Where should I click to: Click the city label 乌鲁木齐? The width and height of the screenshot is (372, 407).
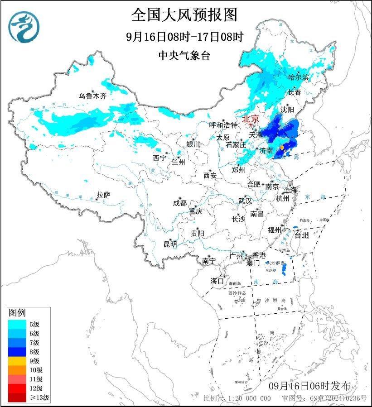coord(92,96)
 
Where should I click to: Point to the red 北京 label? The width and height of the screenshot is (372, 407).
coord(251,119)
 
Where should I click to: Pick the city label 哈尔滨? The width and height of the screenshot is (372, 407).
coord(298,77)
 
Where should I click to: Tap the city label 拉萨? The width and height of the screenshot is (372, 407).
coord(103,195)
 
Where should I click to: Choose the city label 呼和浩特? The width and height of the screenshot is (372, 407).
coord(223,125)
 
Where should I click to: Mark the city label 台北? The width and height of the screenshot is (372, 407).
coord(301,235)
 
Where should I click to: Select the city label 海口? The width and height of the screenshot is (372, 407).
coord(217,281)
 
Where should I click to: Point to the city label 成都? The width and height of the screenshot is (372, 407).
coord(179,203)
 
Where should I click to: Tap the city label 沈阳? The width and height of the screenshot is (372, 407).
coord(287,109)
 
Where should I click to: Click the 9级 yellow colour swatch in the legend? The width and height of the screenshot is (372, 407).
coord(18,361)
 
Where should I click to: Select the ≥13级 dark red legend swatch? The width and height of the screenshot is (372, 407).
coord(18,398)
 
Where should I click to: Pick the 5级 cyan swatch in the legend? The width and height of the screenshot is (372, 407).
coord(18,324)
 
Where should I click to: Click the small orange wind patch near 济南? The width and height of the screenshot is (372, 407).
coord(282,148)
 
